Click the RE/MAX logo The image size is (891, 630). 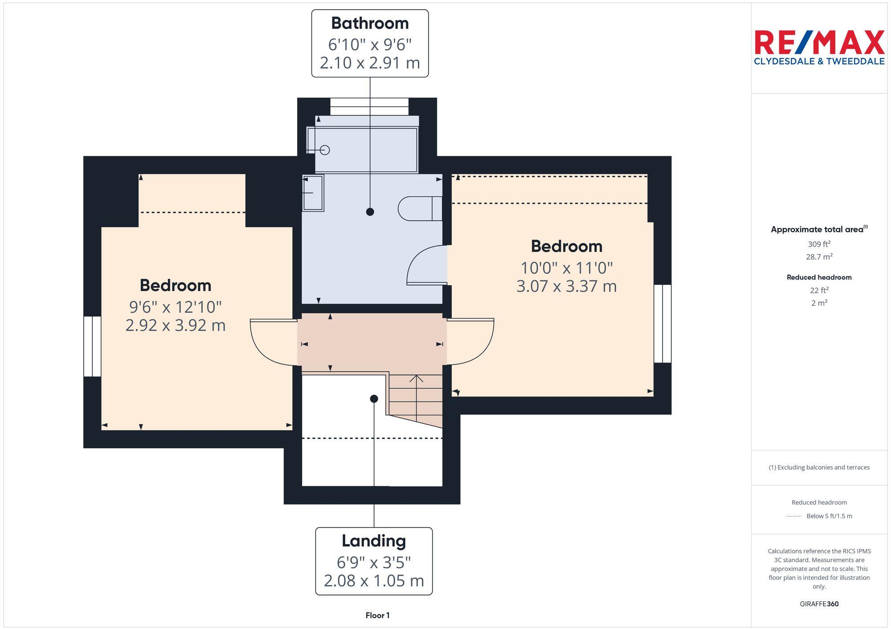tap(819, 47)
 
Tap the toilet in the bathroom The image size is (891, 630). tap(419, 208)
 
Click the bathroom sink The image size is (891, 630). tap(313, 193)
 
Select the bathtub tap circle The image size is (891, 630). tap(325, 150)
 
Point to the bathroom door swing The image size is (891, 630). tap(425, 266)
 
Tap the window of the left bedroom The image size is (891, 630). tap(92, 346)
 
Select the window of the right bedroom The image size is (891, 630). tap(662, 324)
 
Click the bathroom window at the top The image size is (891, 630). tap(369, 106)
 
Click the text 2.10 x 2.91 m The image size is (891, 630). tap(370, 63)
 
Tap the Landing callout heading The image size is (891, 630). tap(374, 541)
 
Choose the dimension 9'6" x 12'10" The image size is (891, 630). tap(176, 307)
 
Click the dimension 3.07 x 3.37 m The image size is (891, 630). tap(566, 286)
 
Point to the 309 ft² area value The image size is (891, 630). tap(819, 244)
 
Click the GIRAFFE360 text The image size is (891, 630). tap(819, 604)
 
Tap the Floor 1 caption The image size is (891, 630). tap(377, 615)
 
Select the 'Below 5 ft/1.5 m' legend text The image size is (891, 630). tap(829, 516)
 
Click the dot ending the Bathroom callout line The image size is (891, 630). tap(370, 212)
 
